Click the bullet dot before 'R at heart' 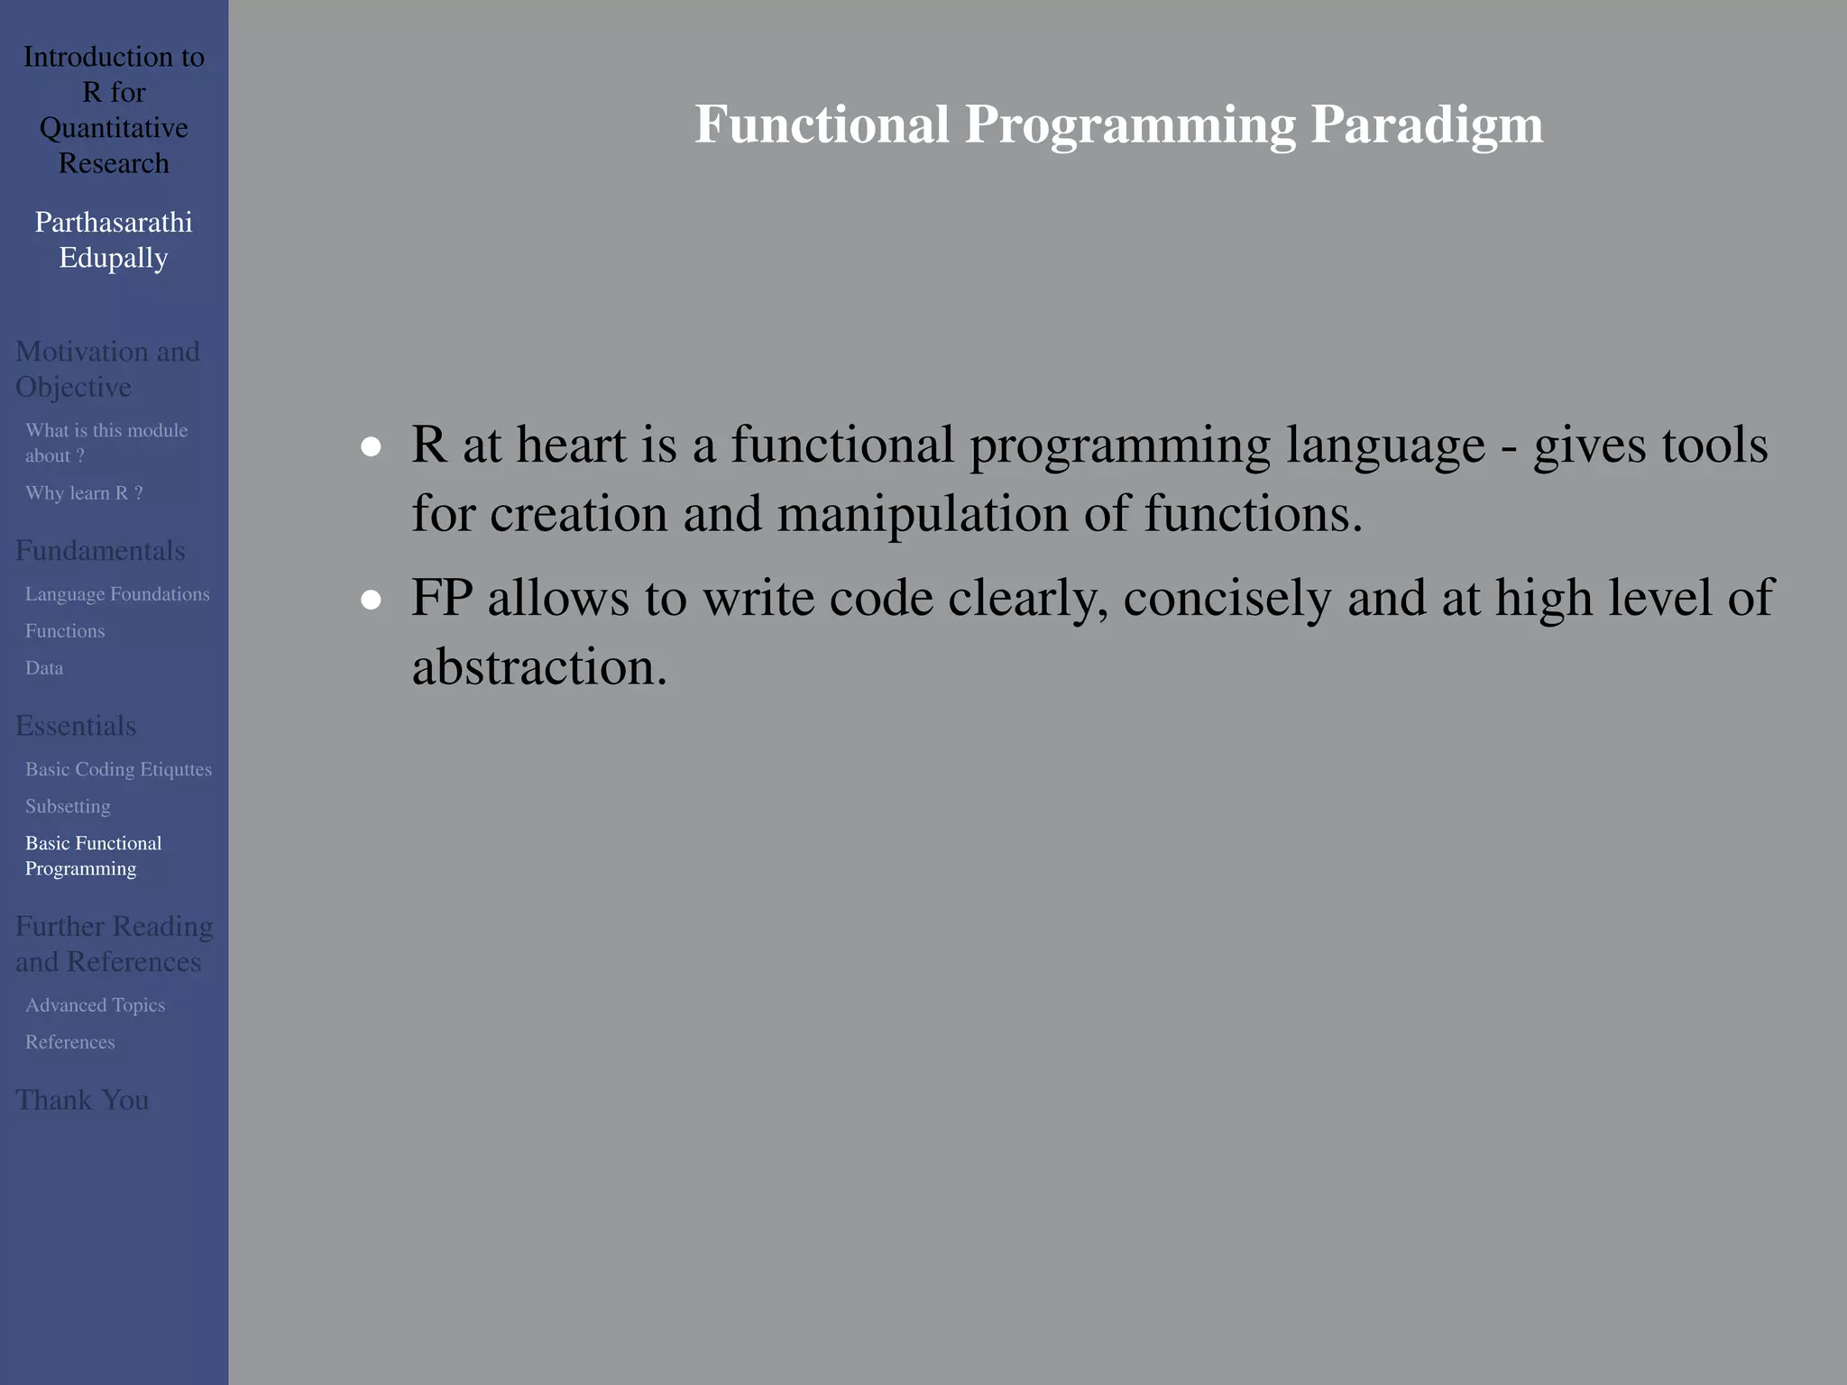click(x=371, y=446)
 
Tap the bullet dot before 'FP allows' click(x=371, y=600)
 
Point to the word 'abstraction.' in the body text click(x=539, y=667)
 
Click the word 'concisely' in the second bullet click(x=1227, y=598)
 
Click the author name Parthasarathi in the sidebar click(x=114, y=222)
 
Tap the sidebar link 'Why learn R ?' click(x=84, y=493)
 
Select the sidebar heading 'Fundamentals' click(x=100, y=551)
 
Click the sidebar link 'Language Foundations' click(x=117, y=594)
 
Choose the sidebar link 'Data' click(x=44, y=668)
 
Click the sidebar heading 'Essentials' click(x=76, y=726)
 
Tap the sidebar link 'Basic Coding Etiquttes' click(x=118, y=769)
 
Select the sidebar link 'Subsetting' click(x=68, y=806)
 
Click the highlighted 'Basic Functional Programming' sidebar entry click(x=93, y=856)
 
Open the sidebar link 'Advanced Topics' click(x=95, y=1005)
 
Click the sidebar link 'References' click(x=69, y=1042)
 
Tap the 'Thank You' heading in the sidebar click(x=82, y=1100)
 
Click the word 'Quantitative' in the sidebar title click(x=114, y=128)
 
